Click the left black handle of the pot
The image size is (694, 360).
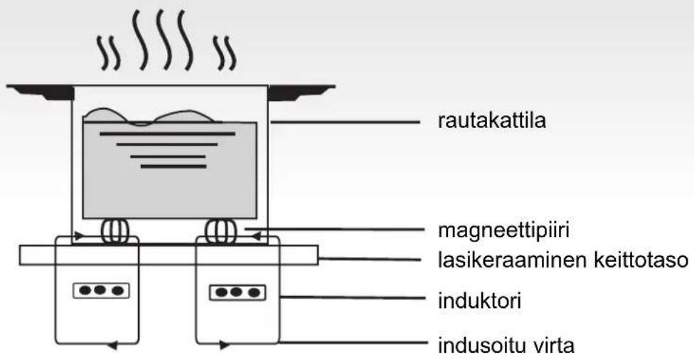coord(40,93)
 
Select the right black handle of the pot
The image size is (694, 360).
coord(299,93)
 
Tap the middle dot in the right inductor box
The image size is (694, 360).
coord(237,291)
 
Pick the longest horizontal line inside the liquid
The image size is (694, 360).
coord(168,133)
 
